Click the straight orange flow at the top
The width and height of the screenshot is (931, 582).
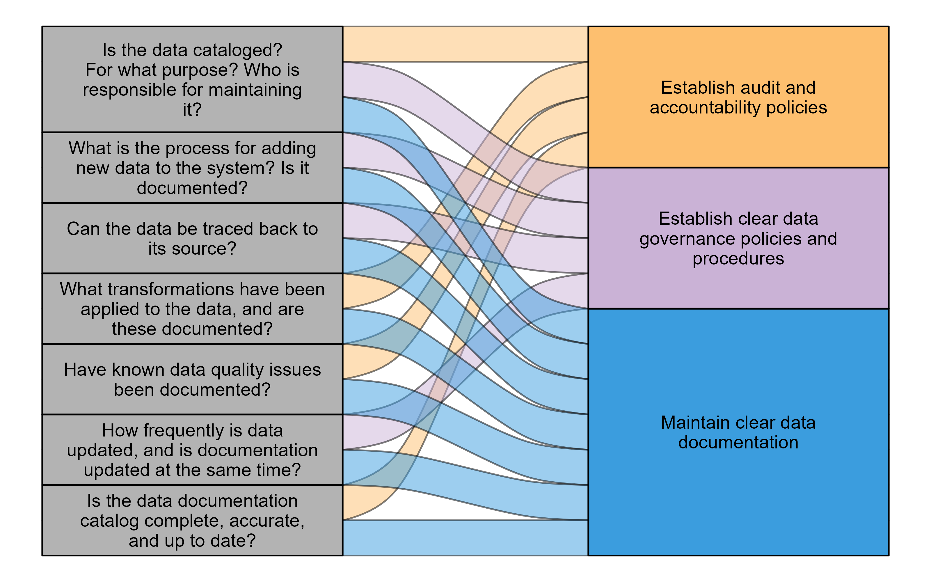click(x=465, y=44)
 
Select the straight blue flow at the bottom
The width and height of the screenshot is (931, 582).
click(x=465, y=538)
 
